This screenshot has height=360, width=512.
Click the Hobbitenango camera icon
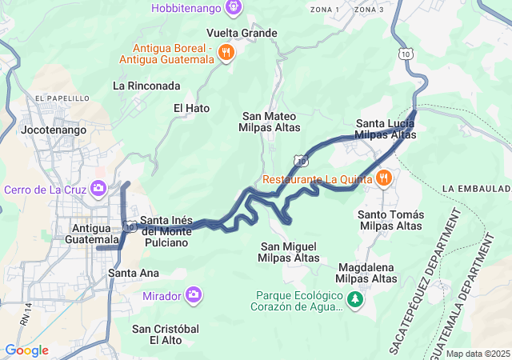[233, 8]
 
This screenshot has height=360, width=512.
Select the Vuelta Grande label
[242, 33]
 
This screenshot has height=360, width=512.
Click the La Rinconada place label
[146, 86]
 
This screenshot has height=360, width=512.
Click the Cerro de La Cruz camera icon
[98, 189]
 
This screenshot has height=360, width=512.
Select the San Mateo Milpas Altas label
[270, 122]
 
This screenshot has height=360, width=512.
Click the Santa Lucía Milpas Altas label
[386, 129]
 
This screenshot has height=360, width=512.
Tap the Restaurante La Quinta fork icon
[383, 178]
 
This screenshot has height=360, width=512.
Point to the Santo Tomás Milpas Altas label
[391, 221]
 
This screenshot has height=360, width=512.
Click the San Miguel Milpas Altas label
[289, 252]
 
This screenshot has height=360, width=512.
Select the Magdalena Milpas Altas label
[367, 273]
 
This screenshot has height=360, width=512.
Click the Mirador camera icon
[193, 296]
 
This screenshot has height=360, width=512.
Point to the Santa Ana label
[134, 273]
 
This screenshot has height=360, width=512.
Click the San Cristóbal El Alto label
[166, 334]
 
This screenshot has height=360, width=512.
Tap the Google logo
[26, 350]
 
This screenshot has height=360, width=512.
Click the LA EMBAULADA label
[476, 187]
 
